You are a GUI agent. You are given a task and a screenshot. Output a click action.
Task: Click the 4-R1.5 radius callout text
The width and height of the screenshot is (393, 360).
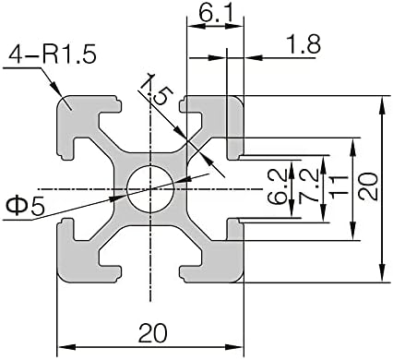(x=53, y=54)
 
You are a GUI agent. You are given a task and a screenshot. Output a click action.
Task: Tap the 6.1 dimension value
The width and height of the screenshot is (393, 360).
(x=215, y=13)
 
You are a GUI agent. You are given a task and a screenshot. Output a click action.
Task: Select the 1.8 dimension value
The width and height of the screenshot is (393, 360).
(x=304, y=43)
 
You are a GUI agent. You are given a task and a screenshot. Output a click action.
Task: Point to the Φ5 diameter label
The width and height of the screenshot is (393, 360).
(x=25, y=207)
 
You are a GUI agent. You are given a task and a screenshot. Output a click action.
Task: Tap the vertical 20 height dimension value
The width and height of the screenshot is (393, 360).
(x=368, y=186)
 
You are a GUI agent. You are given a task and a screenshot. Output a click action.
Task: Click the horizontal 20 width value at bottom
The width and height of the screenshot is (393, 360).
(x=153, y=333)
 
